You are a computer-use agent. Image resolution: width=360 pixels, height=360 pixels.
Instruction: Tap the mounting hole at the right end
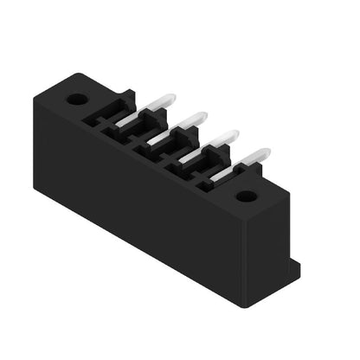click(x=247, y=196)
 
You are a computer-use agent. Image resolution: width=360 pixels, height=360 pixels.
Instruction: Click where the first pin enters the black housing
click(x=121, y=124)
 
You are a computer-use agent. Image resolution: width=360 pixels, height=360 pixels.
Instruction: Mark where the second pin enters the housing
click(x=152, y=141)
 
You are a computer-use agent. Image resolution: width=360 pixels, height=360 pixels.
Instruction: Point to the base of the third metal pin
click(x=183, y=159)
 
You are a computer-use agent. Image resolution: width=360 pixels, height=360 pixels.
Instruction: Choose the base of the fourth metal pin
click(x=215, y=177)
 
